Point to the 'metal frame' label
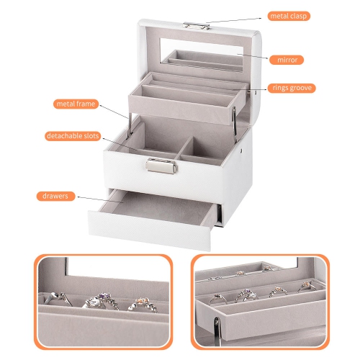coord(76,104)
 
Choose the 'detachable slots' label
coord(76,136)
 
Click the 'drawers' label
coord(55,196)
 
